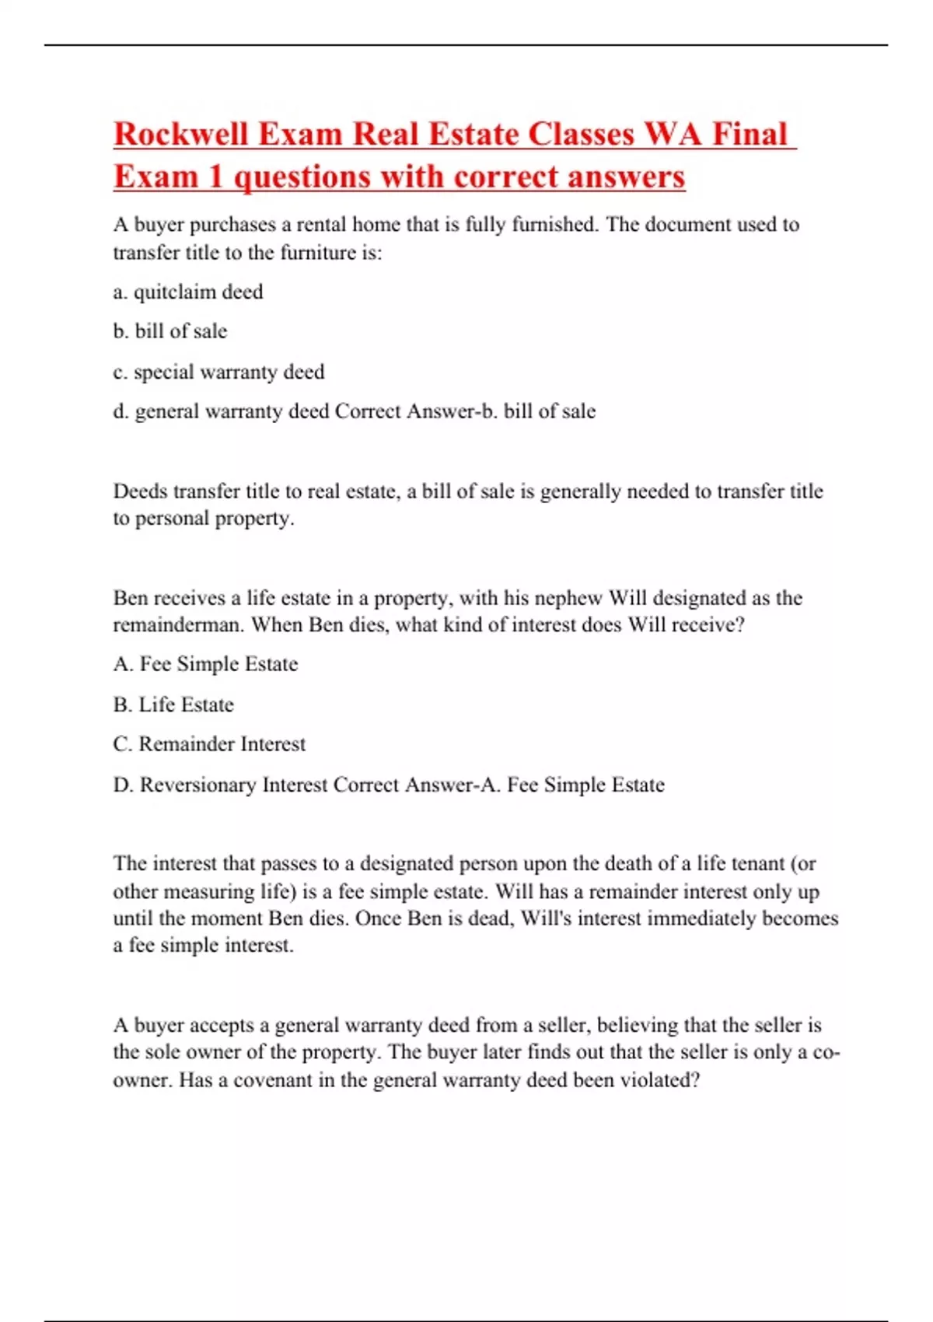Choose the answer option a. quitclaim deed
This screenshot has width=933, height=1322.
pos(188,292)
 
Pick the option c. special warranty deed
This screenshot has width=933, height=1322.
pos(218,372)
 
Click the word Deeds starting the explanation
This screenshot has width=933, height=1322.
pos(140,491)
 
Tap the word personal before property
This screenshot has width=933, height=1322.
pos(173,519)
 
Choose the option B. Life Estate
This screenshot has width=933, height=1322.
pos(173,705)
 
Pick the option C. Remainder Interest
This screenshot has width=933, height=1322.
pos(209,744)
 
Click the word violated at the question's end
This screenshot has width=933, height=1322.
pos(659,1081)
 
